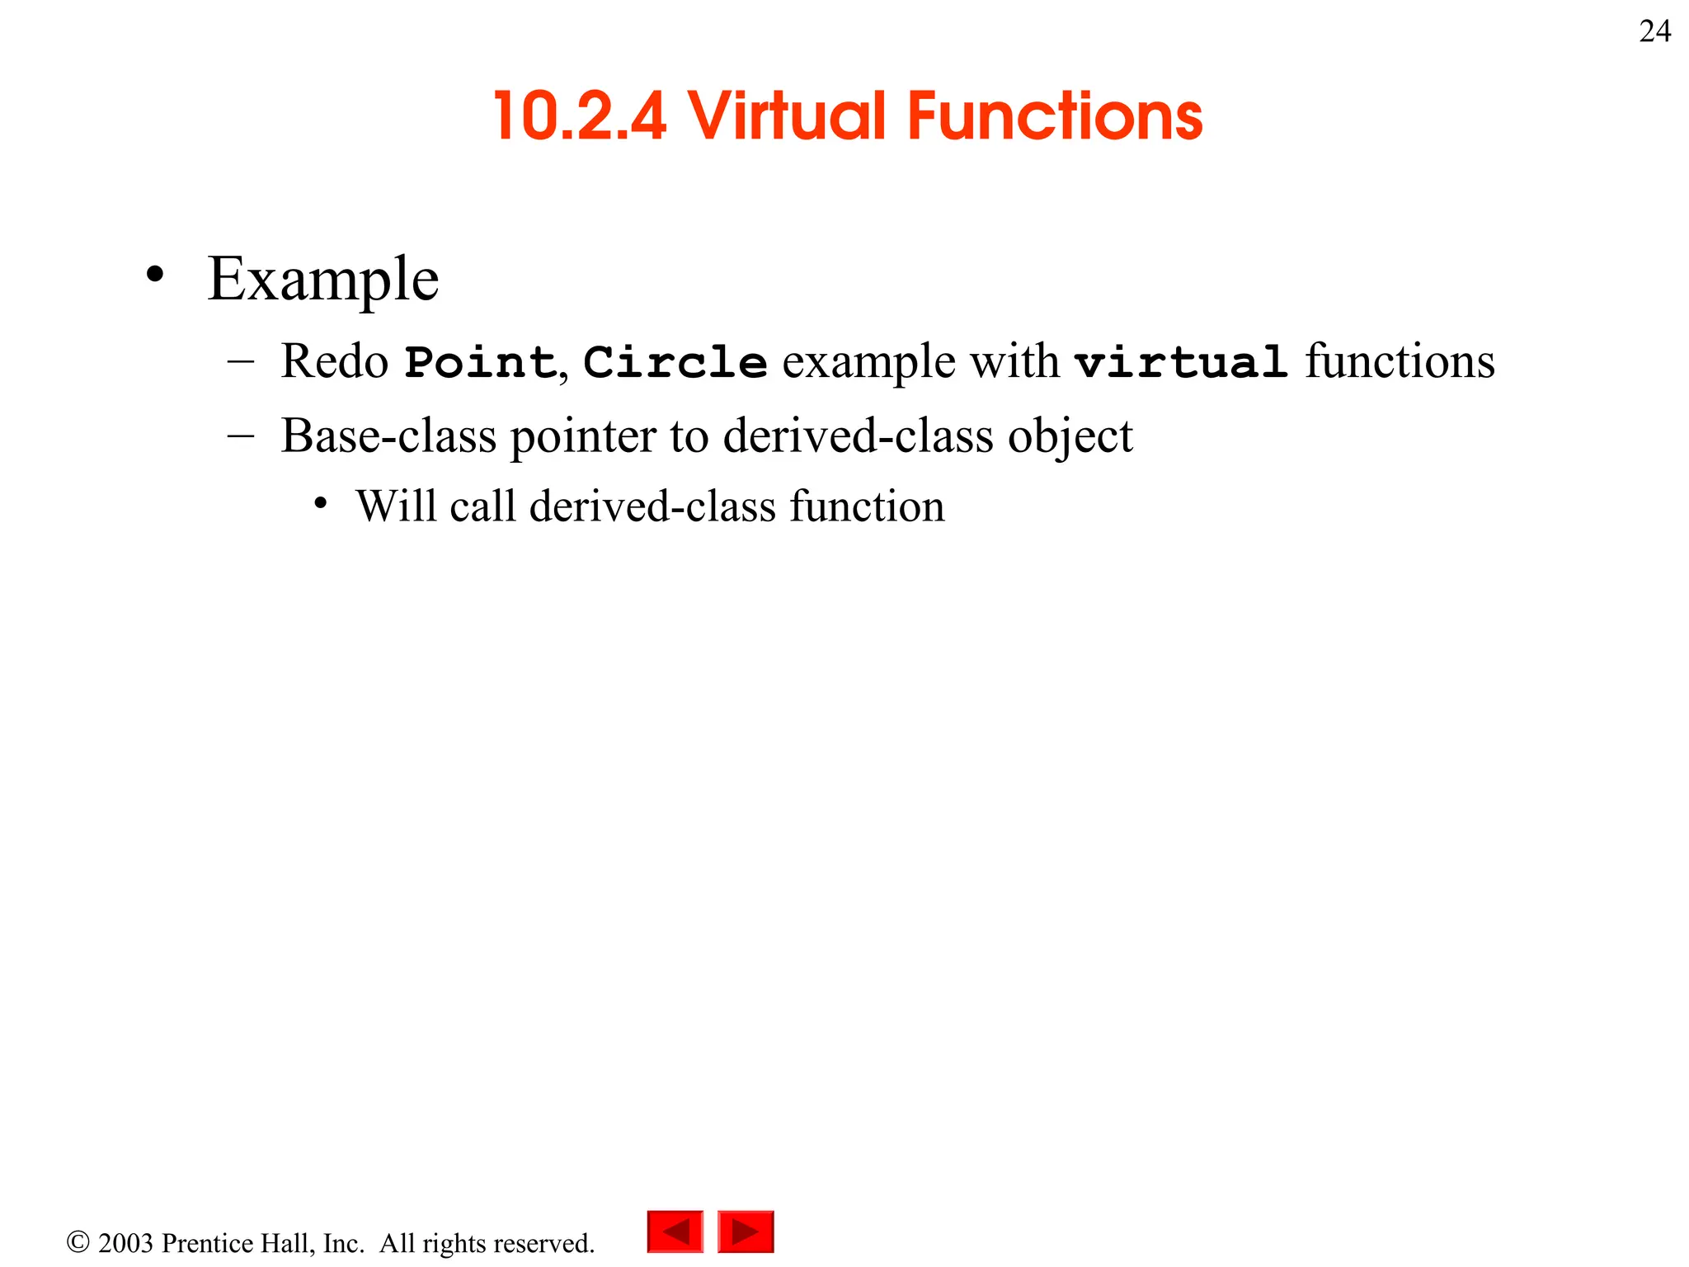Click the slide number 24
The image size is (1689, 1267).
(1654, 32)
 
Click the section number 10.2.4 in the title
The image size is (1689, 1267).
(580, 116)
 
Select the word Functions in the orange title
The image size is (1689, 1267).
(1055, 116)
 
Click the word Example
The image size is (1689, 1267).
(323, 280)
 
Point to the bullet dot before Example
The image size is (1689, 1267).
(154, 275)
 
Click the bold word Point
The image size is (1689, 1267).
(480, 363)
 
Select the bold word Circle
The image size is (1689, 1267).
(675, 363)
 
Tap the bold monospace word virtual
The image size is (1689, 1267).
(1181, 363)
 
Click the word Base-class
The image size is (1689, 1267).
(388, 436)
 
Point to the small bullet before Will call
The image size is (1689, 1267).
(321, 503)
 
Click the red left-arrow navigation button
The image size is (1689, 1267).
(675, 1232)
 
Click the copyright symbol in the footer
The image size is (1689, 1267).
(78, 1242)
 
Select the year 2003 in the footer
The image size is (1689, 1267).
(125, 1243)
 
